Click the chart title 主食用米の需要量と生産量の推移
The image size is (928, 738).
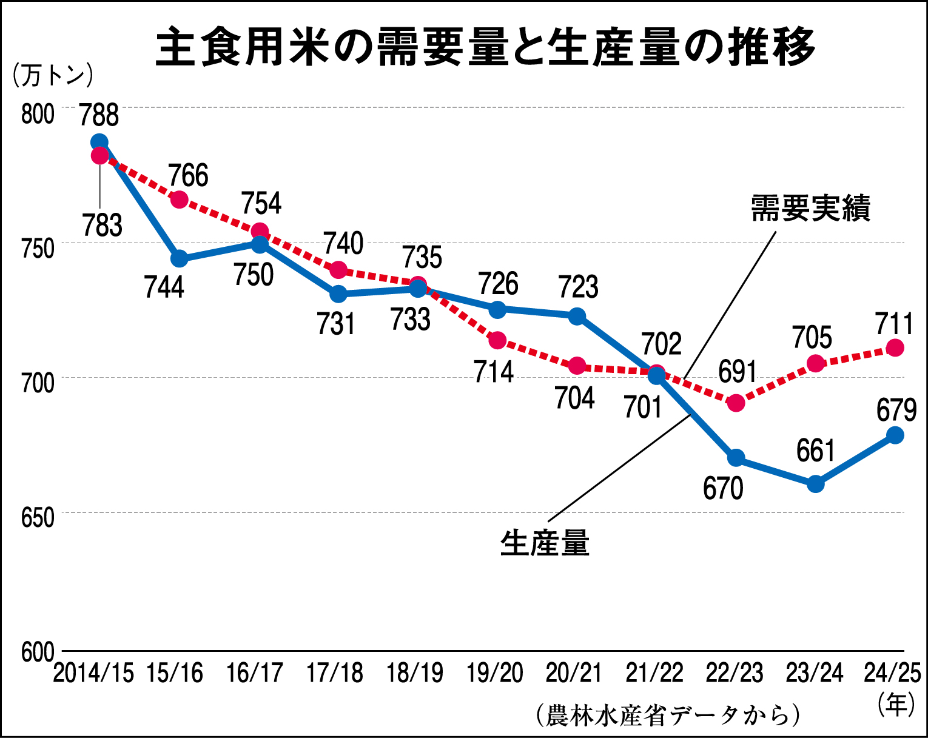click(x=485, y=47)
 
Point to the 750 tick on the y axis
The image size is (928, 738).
click(x=38, y=247)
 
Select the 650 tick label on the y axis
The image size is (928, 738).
click(x=38, y=518)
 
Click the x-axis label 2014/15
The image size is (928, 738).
click(x=93, y=673)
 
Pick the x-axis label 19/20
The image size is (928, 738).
click(x=495, y=673)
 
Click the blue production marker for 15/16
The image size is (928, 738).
click(x=179, y=259)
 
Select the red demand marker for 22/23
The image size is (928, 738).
click(x=736, y=403)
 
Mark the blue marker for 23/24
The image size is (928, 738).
click(x=816, y=484)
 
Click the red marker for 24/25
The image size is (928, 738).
click(x=895, y=347)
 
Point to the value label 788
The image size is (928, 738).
click(x=99, y=115)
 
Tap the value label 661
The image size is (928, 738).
click(x=816, y=451)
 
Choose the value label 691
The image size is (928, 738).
click(x=738, y=372)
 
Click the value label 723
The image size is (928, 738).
click(x=578, y=287)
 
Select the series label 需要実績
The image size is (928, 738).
click(x=810, y=208)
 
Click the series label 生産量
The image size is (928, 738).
click(x=545, y=543)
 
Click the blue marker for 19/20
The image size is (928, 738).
click(x=497, y=309)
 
